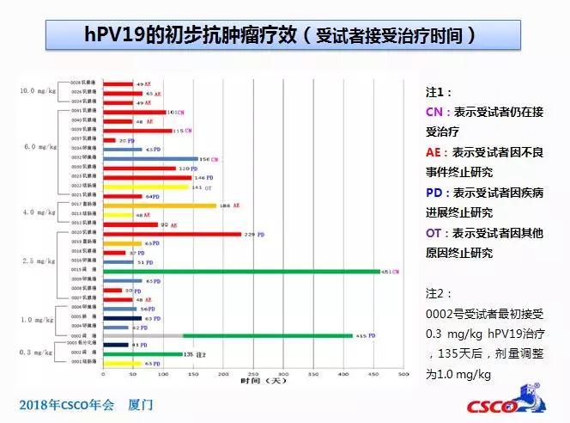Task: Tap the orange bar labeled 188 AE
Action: (x=159, y=205)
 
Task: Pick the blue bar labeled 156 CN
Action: (x=149, y=158)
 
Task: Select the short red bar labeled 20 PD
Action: (x=109, y=139)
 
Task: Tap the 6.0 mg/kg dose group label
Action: (x=39, y=147)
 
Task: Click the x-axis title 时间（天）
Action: (x=253, y=381)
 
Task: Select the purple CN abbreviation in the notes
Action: (x=434, y=113)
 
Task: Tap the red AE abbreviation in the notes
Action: (x=434, y=151)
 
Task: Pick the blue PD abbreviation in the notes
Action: (x=434, y=192)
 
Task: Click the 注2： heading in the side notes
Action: (x=439, y=293)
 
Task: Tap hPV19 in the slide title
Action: (x=119, y=35)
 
